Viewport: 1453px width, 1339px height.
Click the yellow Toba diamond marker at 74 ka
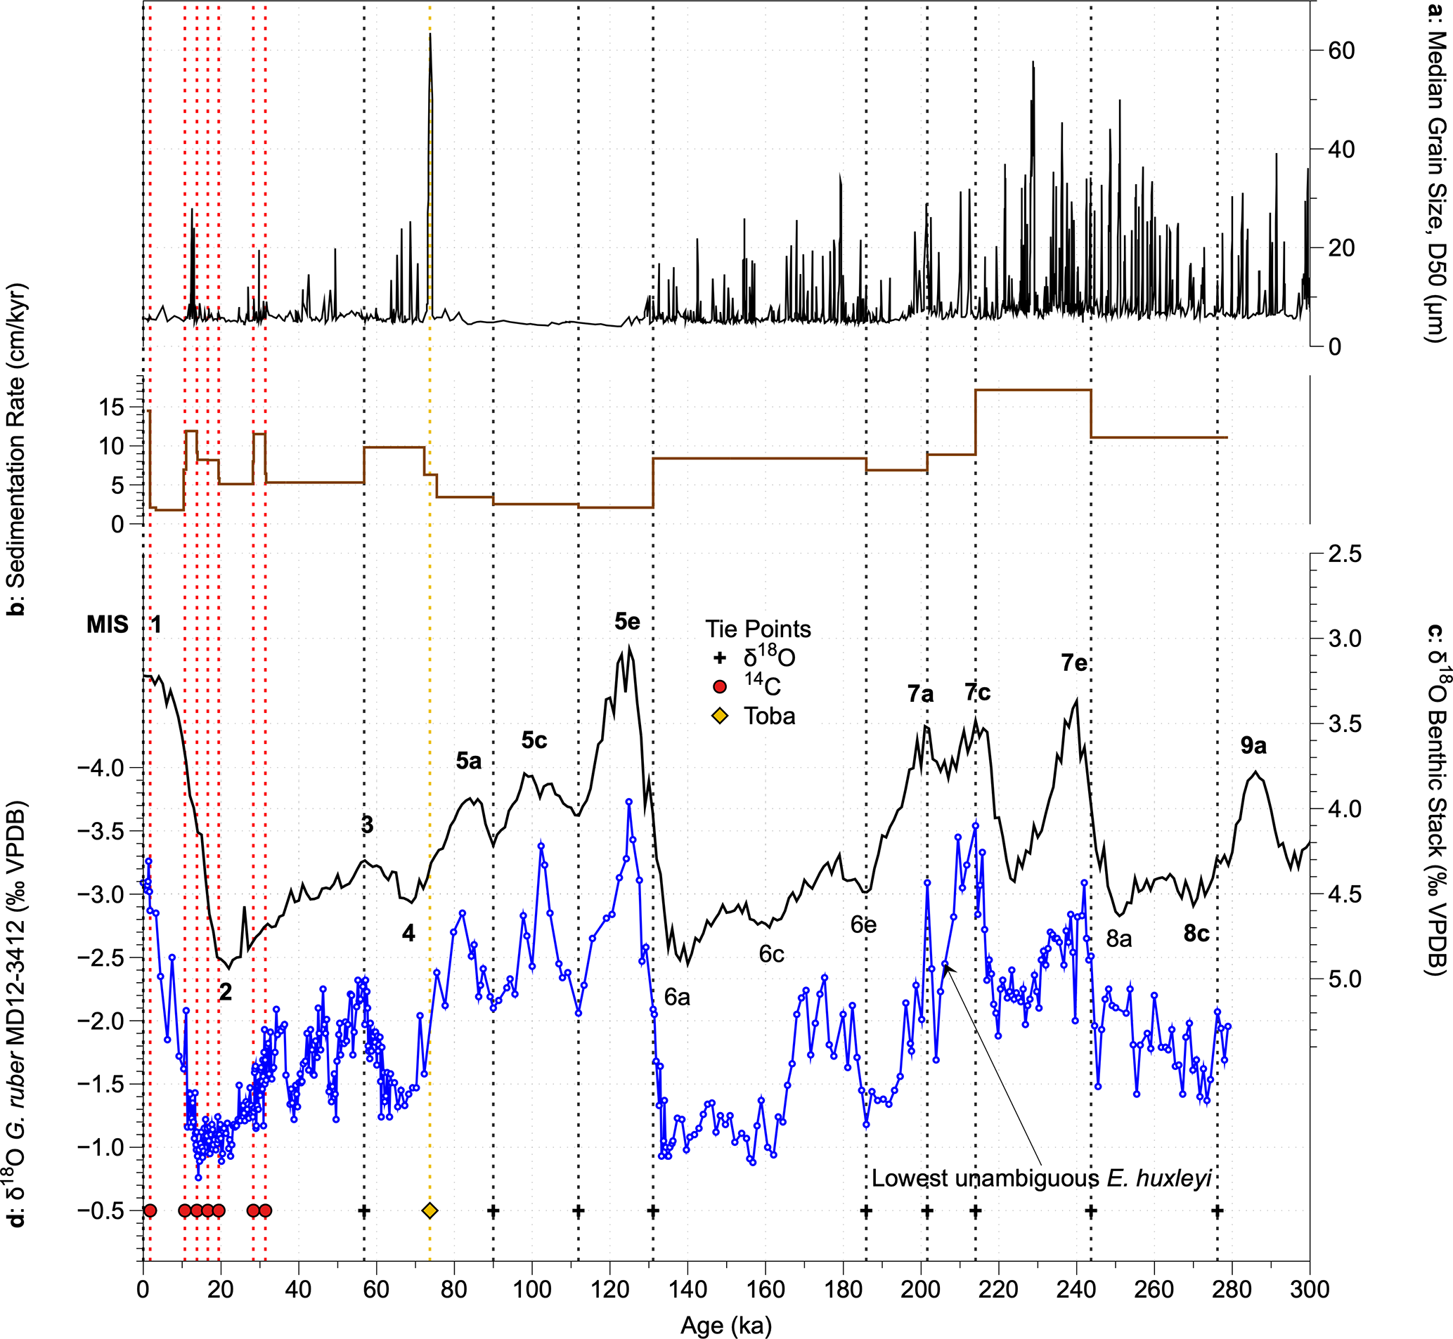click(x=430, y=1210)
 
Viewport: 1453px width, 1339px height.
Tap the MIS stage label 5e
click(x=627, y=621)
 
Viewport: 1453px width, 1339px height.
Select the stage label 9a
click(x=1253, y=745)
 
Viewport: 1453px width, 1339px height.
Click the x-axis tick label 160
click(x=766, y=1290)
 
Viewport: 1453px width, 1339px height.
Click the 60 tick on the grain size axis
click(x=1341, y=51)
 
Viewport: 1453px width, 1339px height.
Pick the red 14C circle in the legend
click(x=719, y=686)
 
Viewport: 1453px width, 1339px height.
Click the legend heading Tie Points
click(x=758, y=629)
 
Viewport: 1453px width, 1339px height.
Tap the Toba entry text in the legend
click(x=769, y=716)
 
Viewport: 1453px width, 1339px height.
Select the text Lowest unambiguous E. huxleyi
click(x=1041, y=1178)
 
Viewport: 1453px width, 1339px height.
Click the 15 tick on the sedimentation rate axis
click(x=112, y=407)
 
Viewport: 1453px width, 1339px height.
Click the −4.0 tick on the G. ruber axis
click(x=101, y=766)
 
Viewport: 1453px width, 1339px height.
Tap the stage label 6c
click(x=771, y=954)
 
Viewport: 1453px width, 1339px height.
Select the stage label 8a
click(x=1119, y=939)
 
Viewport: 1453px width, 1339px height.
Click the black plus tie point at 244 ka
click(x=1090, y=1210)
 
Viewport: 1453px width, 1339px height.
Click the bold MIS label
click(x=108, y=625)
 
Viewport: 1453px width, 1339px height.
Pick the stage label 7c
click(x=977, y=693)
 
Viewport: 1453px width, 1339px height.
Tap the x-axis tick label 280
click(x=1232, y=1290)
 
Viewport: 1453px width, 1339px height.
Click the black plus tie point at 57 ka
click(x=364, y=1210)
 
